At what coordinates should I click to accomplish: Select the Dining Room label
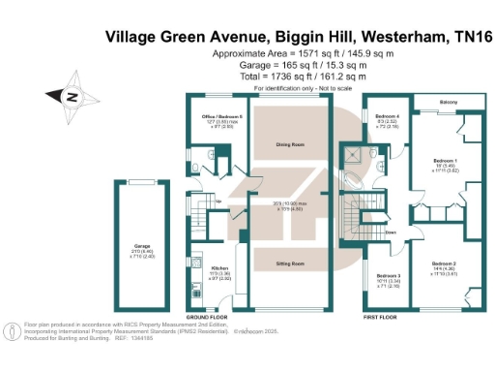(291, 144)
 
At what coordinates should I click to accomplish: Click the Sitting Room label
(291, 263)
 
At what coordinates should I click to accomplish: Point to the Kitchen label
(218, 268)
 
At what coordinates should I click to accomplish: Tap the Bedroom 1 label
(444, 159)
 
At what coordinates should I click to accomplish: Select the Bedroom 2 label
(444, 263)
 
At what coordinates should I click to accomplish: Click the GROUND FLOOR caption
(205, 317)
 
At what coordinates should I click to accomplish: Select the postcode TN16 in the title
(468, 37)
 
